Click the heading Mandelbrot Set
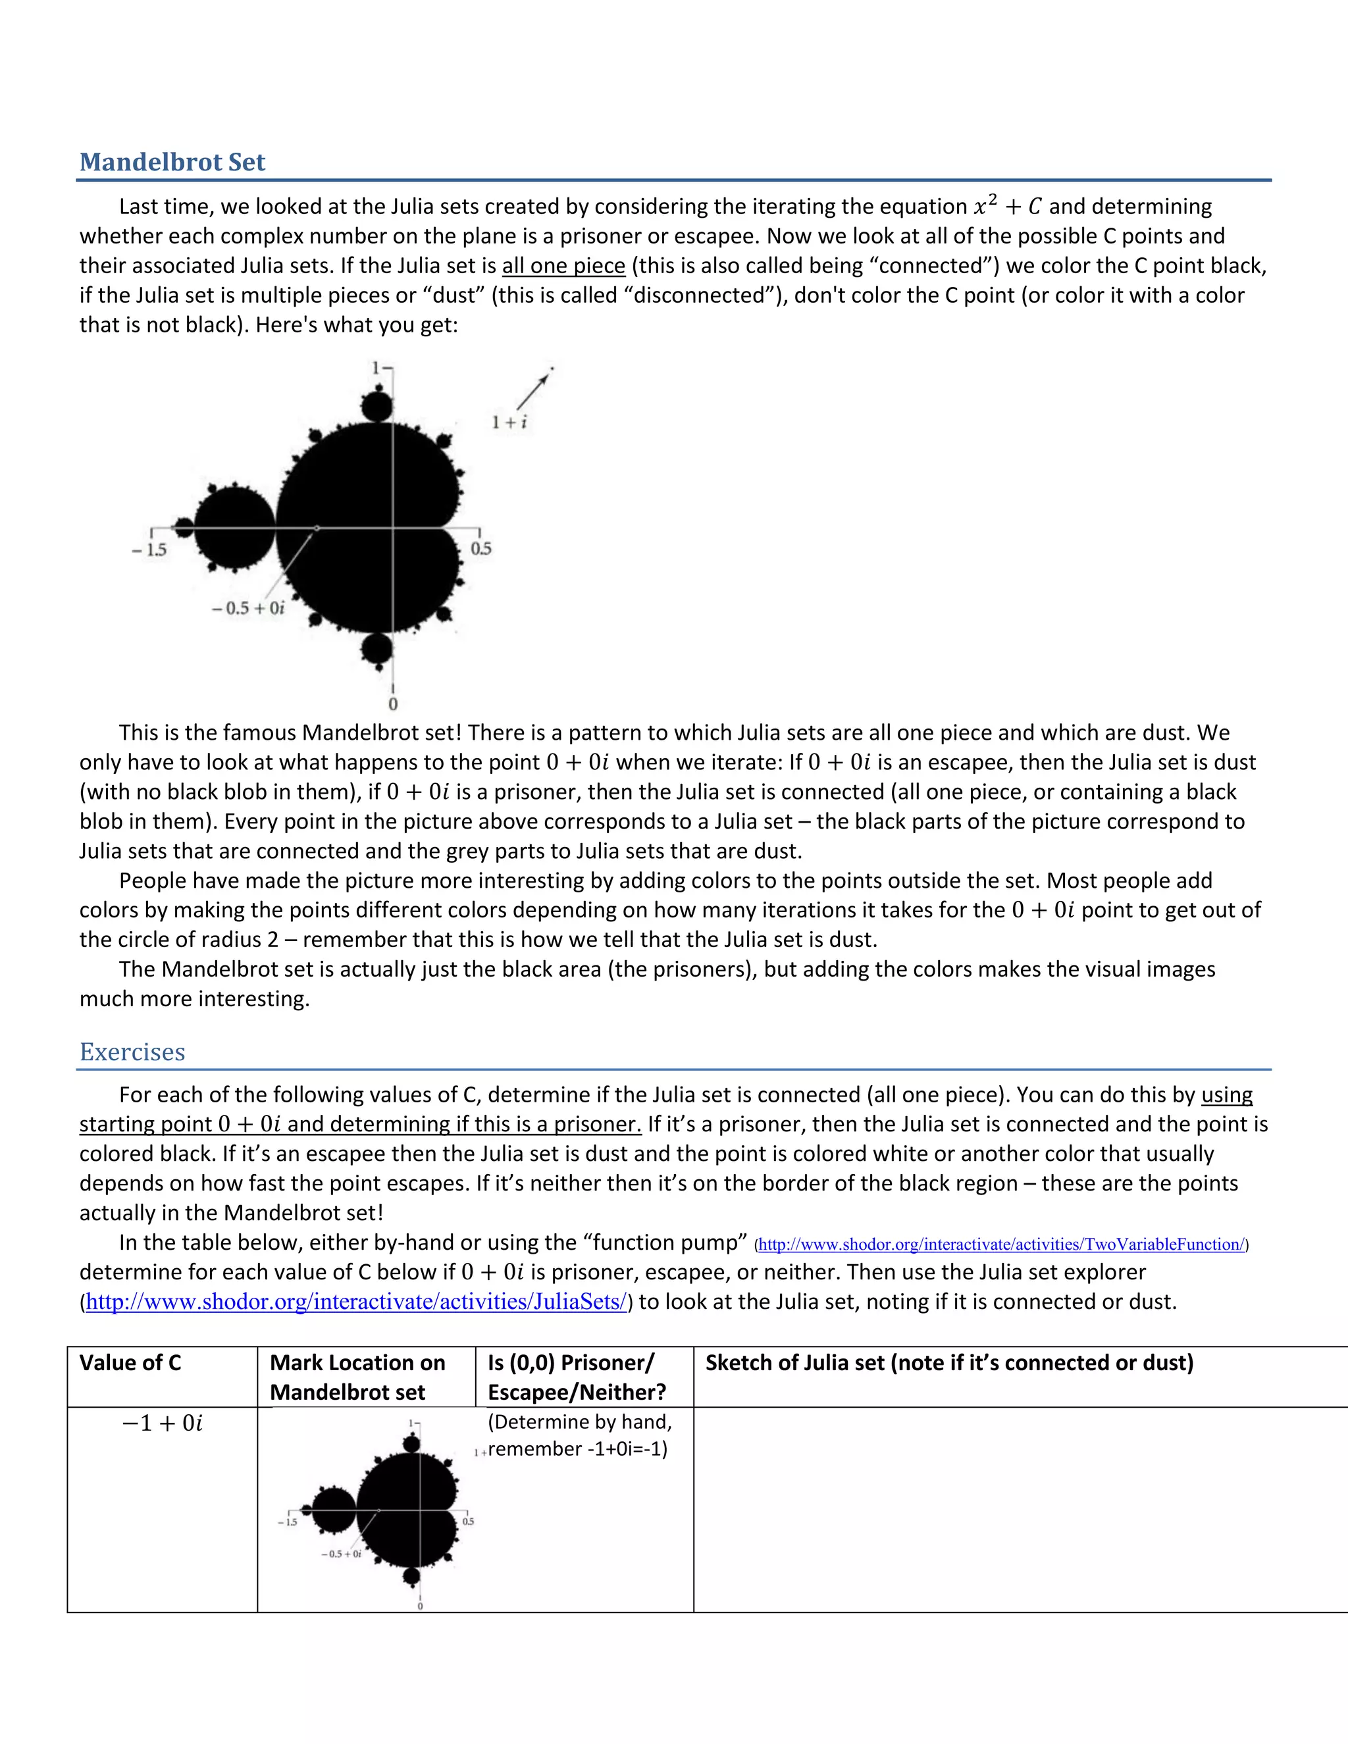point(172,162)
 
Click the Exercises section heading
point(132,1052)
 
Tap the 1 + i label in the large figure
point(509,423)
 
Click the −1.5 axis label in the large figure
point(150,550)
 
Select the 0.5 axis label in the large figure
point(480,549)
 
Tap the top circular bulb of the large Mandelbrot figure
point(377,405)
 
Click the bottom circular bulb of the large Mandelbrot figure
point(377,648)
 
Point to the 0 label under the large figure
point(393,704)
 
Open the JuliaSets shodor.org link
point(356,1302)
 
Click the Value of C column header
point(130,1362)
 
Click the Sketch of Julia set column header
point(948,1362)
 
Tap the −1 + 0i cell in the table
point(162,1423)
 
